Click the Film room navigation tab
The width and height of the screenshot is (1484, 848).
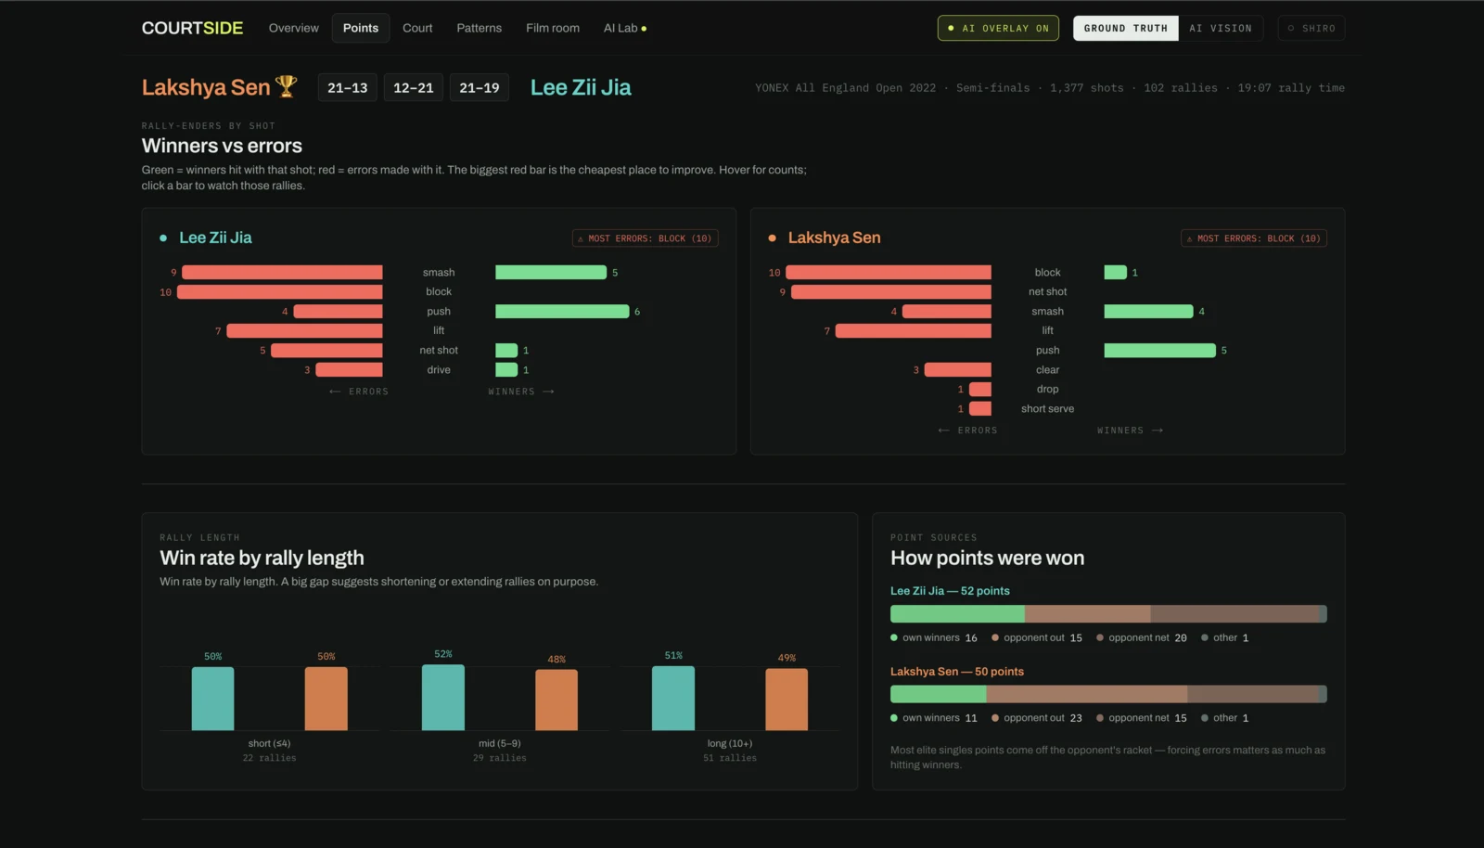coord(553,28)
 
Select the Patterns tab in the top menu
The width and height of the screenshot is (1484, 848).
coord(479,28)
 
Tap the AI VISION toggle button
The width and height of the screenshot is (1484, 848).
coord(1221,28)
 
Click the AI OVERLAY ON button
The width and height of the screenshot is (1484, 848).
coord(998,28)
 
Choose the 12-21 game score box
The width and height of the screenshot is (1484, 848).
coord(413,87)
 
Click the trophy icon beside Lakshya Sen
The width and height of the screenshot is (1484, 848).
coord(287,86)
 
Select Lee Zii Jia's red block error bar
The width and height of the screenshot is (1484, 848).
coord(279,291)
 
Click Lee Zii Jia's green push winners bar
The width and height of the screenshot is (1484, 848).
coord(562,312)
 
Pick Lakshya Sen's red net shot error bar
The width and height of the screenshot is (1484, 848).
coord(891,291)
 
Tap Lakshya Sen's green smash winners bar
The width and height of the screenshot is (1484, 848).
coord(1148,312)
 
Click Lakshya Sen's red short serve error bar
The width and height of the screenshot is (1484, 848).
coord(979,409)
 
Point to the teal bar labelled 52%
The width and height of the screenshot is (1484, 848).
coord(443,698)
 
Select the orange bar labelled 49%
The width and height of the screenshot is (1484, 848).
coord(787,700)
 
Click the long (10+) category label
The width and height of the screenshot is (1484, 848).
coord(729,743)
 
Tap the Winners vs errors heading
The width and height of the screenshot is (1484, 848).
coord(222,146)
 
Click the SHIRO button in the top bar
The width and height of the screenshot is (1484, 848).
coord(1311,28)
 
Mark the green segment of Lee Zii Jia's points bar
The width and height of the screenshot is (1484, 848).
coord(957,613)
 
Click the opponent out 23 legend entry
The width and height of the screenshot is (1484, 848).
coord(1037,717)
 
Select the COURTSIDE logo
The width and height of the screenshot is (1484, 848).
coord(192,28)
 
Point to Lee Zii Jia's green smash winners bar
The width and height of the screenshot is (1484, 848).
coord(551,272)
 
